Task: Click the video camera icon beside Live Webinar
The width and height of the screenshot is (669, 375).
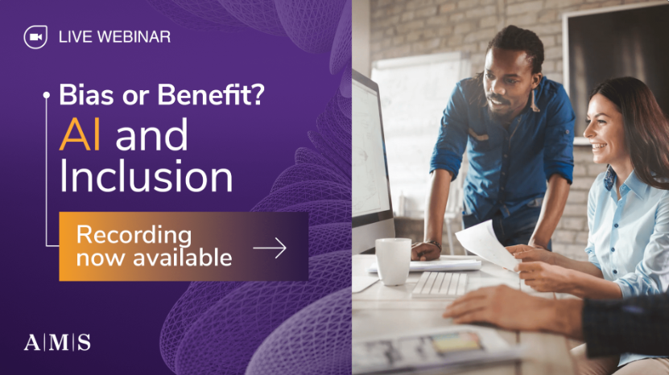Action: [x=35, y=37]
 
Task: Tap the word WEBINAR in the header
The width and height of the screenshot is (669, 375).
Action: [x=134, y=37]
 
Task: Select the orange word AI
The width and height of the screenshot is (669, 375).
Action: [x=80, y=135]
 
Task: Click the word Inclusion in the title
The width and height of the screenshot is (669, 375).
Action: [x=146, y=175]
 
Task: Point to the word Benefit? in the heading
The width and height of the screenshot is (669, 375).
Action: [x=211, y=94]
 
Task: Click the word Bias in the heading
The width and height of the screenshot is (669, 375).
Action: [x=87, y=94]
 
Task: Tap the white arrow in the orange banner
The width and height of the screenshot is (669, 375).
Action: [x=270, y=248]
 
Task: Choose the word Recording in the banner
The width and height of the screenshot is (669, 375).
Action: [x=134, y=236]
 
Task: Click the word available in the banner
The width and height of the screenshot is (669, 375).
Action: [x=183, y=258]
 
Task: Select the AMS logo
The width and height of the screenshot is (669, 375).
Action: [x=57, y=342]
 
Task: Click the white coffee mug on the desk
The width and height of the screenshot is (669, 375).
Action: [x=393, y=261]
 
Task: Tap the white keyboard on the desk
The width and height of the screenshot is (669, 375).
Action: [x=440, y=284]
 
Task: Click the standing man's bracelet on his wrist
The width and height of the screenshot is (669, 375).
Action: [x=436, y=245]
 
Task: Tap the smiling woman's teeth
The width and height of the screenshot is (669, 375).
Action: [x=599, y=146]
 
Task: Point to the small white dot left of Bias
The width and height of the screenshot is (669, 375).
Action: [x=47, y=96]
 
